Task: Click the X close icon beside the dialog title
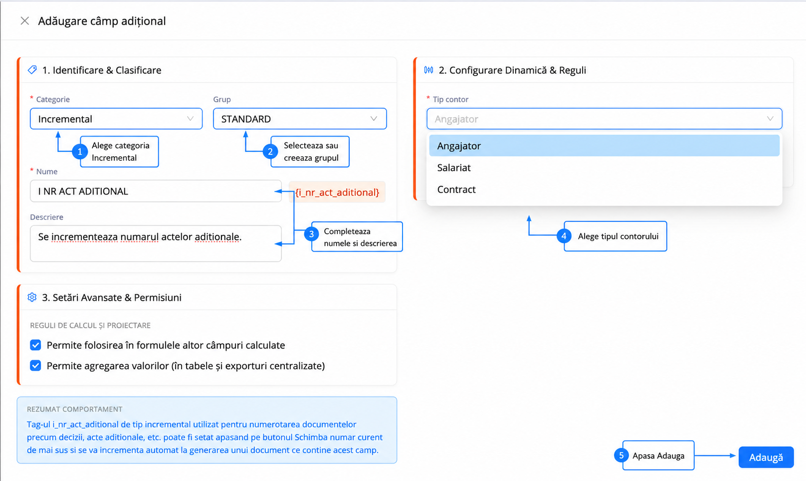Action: [x=25, y=21]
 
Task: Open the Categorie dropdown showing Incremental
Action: [x=116, y=119]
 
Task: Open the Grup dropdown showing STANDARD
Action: [x=300, y=119]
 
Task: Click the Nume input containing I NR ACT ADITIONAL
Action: [x=156, y=191]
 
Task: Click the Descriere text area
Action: [x=156, y=243]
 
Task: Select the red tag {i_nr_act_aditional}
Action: [x=337, y=192]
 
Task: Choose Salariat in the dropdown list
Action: [x=454, y=168]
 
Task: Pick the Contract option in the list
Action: [x=456, y=189]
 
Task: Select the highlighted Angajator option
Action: [x=604, y=146]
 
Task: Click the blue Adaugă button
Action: [x=766, y=457]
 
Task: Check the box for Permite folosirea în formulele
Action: [x=35, y=345]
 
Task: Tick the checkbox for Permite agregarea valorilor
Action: [x=35, y=365]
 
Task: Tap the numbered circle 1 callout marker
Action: [x=80, y=152]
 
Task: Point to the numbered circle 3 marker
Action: [x=312, y=234]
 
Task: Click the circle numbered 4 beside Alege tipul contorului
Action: [x=564, y=236]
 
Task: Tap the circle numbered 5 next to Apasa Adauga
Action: [x=621, y=455]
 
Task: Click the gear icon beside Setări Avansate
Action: [x=32, y=297]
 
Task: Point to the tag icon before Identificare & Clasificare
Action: [x=32, y=70]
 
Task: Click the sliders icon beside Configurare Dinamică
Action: [x=428, y=70]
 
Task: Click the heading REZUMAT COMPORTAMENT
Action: [x=74, y=409]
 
